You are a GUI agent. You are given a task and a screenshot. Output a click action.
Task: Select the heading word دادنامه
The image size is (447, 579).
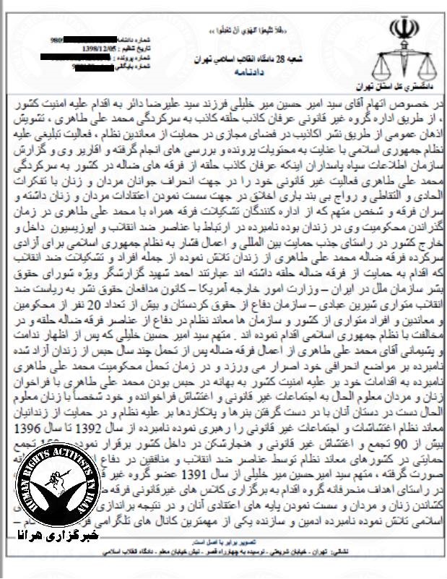[x=234, y=73]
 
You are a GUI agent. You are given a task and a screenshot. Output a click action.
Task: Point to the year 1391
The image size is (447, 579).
[x=217, y=455]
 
